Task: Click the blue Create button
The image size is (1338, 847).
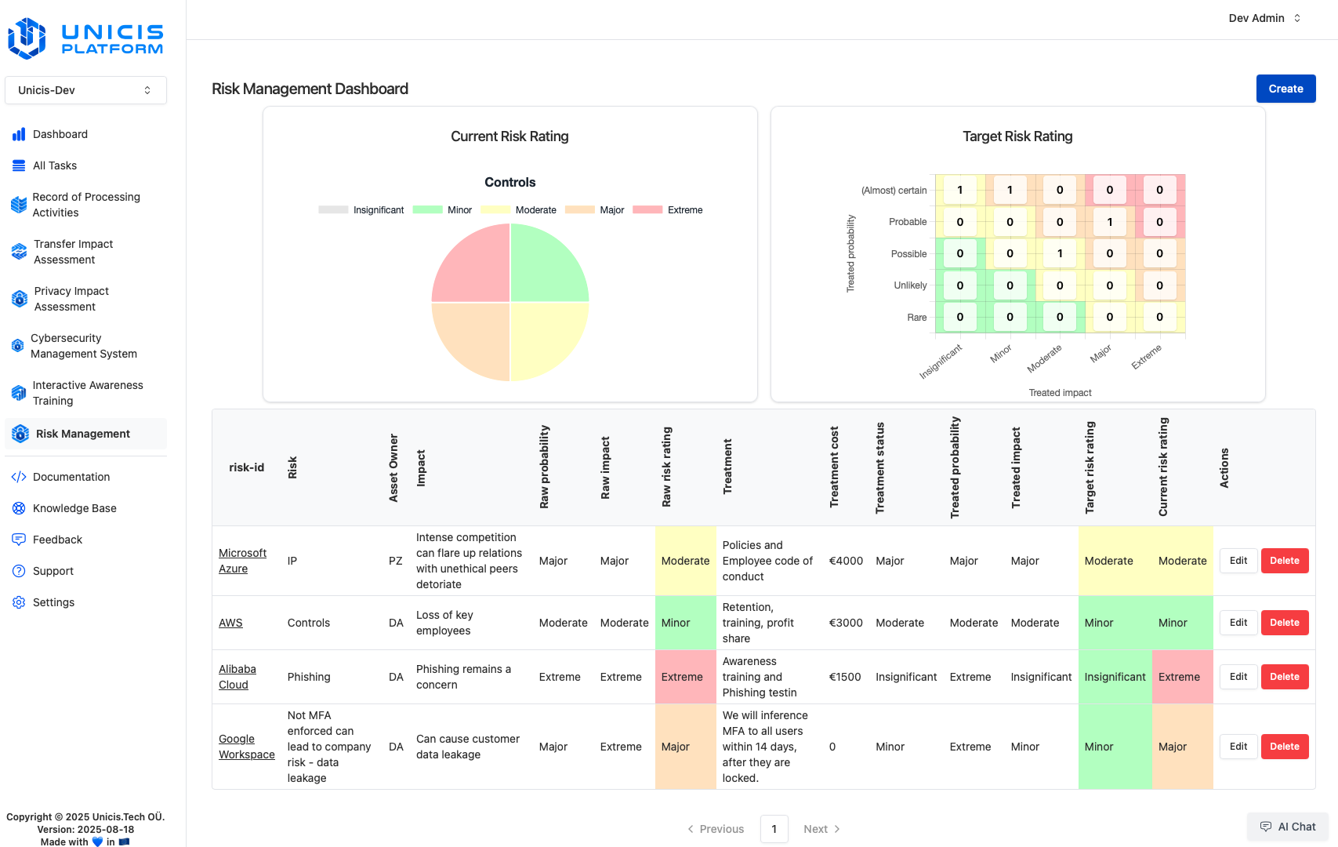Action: click(1285, 89)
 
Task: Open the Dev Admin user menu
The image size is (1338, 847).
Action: click(1264, 18)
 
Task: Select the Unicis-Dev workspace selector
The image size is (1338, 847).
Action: click(85, 90)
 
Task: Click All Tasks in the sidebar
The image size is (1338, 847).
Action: click(55, 165)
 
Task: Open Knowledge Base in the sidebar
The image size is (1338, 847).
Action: click(74, 508)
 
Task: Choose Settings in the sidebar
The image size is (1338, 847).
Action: click(53, 602)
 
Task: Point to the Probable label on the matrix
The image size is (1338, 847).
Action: click(908, 222)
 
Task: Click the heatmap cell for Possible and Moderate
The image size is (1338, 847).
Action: click(1060, 253)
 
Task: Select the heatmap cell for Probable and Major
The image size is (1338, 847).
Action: click(1109, 222)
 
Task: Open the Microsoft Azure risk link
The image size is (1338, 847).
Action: click(242, 561)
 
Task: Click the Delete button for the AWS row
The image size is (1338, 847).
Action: click(1284, 623)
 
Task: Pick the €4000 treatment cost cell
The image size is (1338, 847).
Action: click(846, 561)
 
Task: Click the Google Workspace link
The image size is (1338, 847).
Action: click(246, 747)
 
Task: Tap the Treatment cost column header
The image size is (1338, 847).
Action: click(834, 467)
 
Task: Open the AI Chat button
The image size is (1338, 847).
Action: click(1287, 827)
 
